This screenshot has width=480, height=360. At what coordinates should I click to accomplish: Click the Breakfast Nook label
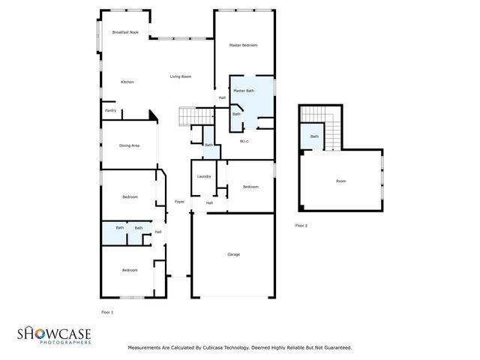coord(125,32)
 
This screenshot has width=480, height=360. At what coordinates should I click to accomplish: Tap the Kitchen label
coord(127,81)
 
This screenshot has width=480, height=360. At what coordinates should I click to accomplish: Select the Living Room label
coord(180,76)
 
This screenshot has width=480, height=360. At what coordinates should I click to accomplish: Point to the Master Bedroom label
coord(243,46)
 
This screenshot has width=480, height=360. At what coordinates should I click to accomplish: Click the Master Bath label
coord(244,91)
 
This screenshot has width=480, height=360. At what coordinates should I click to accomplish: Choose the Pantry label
coord(110,110)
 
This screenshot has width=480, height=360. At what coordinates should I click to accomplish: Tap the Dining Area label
coord(129,145)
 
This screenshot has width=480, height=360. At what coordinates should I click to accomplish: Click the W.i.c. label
coord(244,141)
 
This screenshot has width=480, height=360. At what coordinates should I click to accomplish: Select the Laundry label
coord(203,176)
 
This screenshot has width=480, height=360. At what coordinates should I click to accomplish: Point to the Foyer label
coord(179,202)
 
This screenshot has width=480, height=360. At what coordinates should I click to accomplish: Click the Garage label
coord(233,255)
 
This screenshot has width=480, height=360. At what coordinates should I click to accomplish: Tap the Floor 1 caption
coord(106,310)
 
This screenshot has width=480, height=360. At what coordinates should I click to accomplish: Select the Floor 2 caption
coord(301,225)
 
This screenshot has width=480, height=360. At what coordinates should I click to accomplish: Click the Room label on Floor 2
coord(340,181)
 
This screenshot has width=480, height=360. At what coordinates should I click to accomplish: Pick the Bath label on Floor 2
coord(314,136)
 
